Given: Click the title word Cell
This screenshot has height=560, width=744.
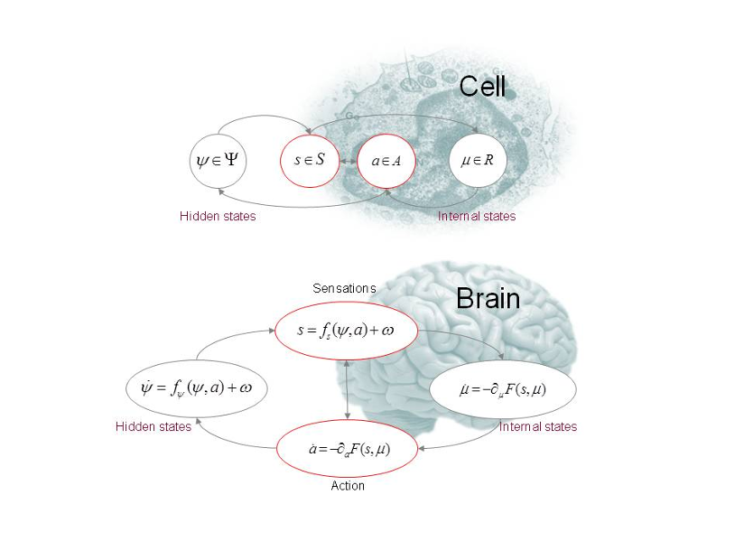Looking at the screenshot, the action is (x=482, y=87).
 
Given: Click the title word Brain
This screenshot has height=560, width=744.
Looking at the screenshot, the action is (x=488, y=298).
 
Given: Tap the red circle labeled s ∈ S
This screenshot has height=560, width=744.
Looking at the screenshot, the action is (x=310, y=162).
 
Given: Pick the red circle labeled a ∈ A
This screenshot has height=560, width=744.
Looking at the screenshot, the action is (x=386, y=162).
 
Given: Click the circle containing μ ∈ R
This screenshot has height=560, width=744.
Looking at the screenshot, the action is (x=478, y=162).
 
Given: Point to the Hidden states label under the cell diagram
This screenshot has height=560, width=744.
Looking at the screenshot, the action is (x=218, y=217).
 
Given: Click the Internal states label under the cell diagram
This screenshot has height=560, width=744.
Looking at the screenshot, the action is (x=477, y=217).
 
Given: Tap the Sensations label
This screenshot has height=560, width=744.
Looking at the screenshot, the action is (x=344, y=288).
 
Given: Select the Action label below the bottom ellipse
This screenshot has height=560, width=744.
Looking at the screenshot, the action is (x=348, y=486).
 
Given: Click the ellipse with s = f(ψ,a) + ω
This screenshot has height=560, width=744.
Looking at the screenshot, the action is (x=347, y=331).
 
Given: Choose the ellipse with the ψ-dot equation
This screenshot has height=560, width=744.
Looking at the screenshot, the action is (x=197, y=388).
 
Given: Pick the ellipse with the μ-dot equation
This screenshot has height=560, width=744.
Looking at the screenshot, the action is (x=503, y=389).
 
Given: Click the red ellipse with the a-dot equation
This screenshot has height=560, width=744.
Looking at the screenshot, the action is (x=347, y=448).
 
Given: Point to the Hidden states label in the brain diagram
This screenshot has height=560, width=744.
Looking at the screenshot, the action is (x=153, y=426).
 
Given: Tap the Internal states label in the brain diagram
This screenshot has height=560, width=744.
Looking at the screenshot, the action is (x=538, y=426).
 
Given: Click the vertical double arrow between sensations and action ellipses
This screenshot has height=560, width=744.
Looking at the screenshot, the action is (x=348, y=389).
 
